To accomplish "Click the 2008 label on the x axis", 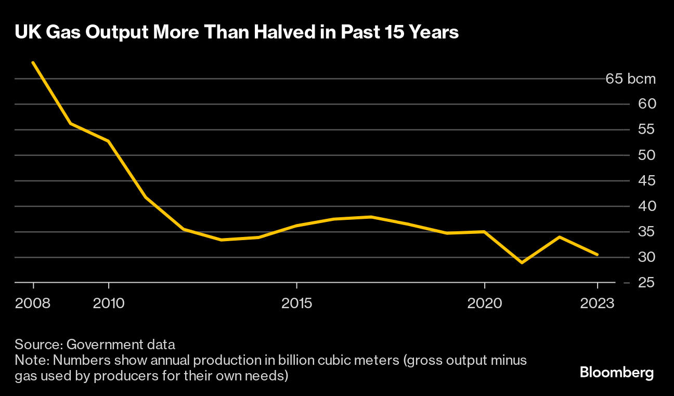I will point(33,303).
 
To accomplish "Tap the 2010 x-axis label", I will point(108,303).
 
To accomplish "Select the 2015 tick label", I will point(296,303).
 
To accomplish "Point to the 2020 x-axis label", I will point(484,303).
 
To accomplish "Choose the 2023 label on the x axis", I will point(597,303).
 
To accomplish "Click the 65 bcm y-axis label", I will point(630,80).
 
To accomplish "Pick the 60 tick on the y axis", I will point(643,104).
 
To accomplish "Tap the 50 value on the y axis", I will point(643,155).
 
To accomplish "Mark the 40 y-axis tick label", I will point(643,206).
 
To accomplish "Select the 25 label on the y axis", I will point(643,283).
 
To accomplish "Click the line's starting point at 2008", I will point(33,62).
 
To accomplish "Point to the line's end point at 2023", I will point(597,255).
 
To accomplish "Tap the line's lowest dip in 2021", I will point(522,262).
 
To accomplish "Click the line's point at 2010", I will point(108,141).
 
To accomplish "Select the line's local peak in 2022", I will point(559,237).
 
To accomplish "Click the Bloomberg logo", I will point(616,373).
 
